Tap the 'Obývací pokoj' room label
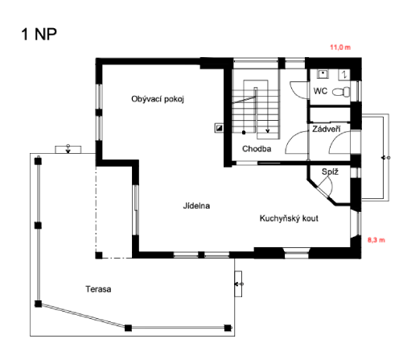(158, 99)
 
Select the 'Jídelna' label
(196, 206)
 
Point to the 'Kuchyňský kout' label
(288, 218)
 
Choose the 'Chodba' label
(257, 149)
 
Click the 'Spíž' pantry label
(329, 172)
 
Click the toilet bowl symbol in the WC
(341, 93)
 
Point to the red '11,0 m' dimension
(340, 48)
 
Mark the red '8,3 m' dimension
(376, 240)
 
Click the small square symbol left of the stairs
(218, 127)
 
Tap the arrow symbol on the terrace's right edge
(238, 283)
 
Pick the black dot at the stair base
(243, 130)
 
